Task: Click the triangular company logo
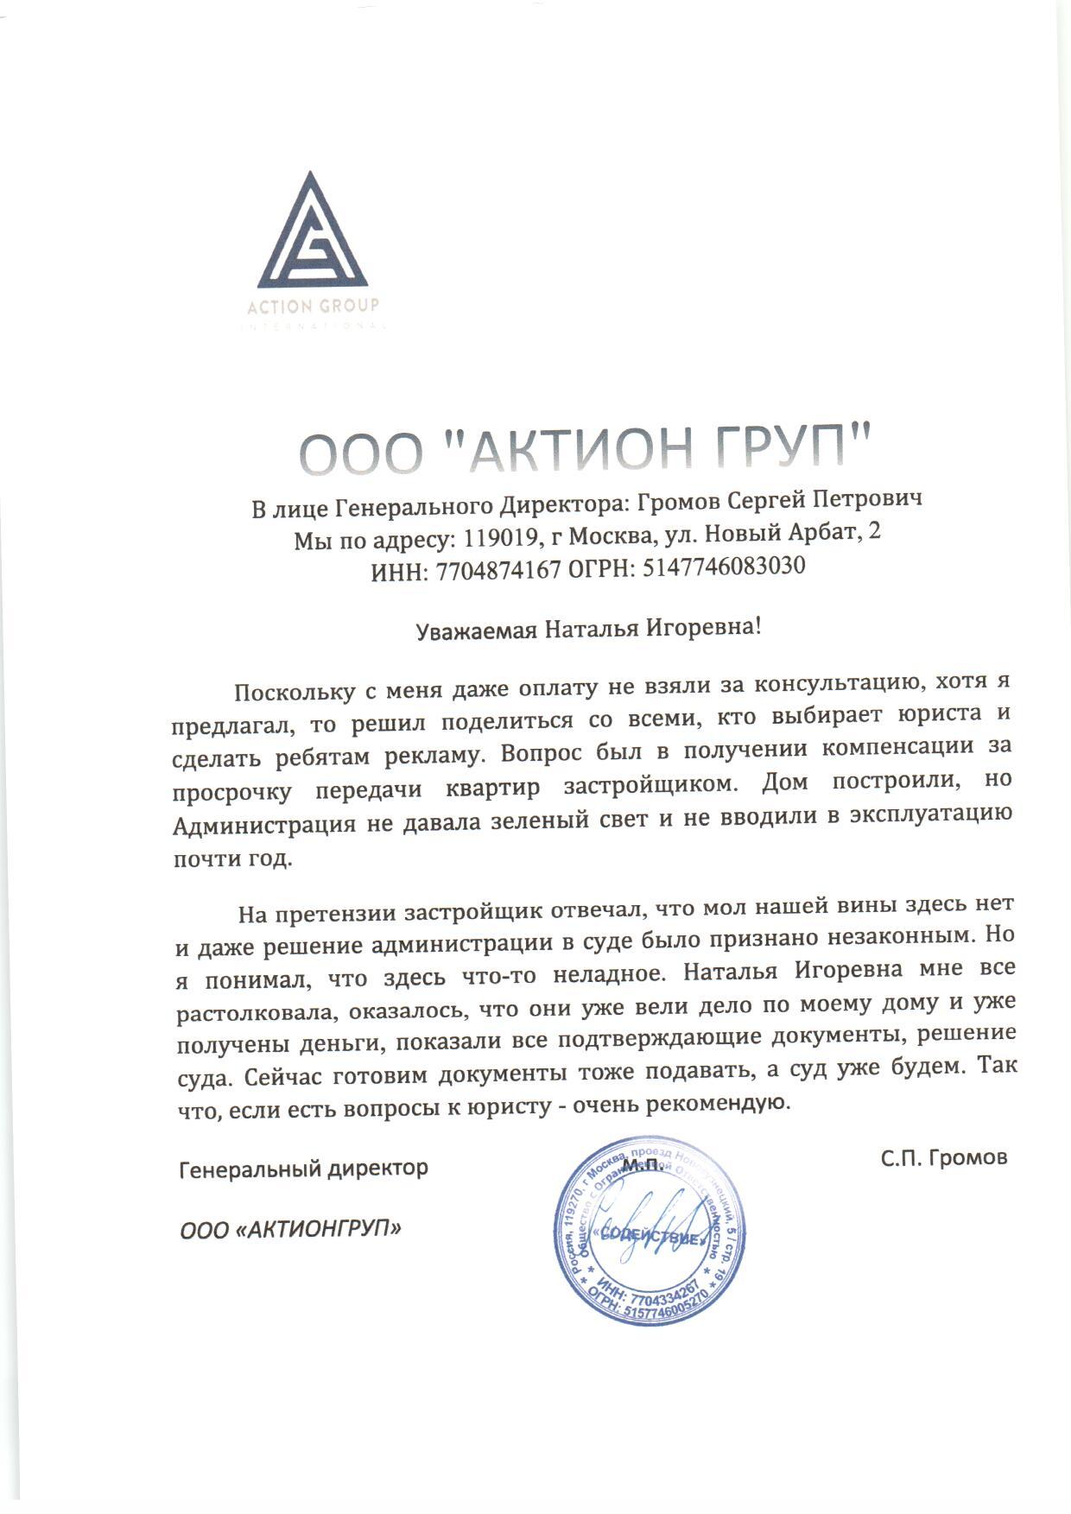coord(312,234)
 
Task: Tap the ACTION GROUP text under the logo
coord(313,306)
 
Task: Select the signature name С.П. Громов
coord(944,1157)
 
